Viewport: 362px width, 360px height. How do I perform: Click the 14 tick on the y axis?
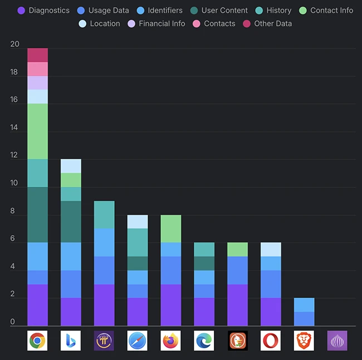tap(14, 128)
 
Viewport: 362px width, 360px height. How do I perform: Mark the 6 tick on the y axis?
tap(13, 239)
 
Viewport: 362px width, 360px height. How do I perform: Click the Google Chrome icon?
tap(37, 340)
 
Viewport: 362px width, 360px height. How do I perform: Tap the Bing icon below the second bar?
tap(71, 340)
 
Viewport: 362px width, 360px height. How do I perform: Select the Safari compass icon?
tap(138, 340)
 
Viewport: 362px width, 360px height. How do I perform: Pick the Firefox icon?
tap(171, 340)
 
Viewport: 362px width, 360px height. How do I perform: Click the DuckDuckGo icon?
tap(238, 340)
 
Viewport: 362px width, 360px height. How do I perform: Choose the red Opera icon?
tap(271, 340)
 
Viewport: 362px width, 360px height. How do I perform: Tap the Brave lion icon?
tap(304, 340)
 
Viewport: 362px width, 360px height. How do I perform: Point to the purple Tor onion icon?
tap(337, 340)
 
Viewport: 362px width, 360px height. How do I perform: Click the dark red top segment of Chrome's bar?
tap(37, 55)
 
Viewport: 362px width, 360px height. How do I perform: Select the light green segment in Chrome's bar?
tap(37, 132)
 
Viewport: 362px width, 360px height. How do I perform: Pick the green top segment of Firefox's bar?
tap(171, 228)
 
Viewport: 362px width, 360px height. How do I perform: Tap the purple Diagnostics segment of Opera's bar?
tap(271, 312)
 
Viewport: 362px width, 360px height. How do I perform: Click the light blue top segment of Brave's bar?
tap(304, 305)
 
